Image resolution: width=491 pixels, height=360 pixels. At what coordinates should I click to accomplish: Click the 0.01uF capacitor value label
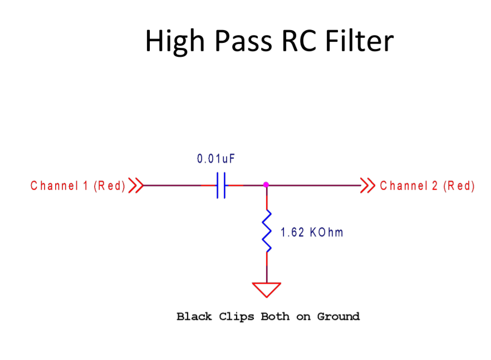pyautogui.click(x=216, y=159)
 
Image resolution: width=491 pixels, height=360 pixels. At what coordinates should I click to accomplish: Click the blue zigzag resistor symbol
pyautogui.click(x=267, y=231)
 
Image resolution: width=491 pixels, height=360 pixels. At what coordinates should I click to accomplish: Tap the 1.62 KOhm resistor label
pyautogui.click(x=312, y=233)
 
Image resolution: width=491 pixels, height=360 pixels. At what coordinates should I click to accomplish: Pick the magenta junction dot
pyautogui.click(x=266, y=185)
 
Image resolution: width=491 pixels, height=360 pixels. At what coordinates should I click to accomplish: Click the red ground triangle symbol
pyautogui.click(x=267, y=289)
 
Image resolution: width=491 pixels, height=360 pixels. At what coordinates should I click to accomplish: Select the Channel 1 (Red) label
pyautogui.click(x=78, y=186)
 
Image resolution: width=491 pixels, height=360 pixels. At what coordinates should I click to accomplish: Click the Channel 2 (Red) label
pyautogui.click(x=427, y=186)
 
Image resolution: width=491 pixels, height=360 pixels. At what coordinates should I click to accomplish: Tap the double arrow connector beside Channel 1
pyautogui.click(x=136, y=185)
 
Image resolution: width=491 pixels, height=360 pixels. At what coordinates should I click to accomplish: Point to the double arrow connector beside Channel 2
pyautogui.click(x=367, y=185)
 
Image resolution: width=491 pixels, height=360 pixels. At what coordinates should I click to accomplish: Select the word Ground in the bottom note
pyautogui.click(x=338, y=317)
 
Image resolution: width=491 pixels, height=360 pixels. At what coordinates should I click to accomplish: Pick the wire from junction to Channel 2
pyautogui.click(x=315, y=185)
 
